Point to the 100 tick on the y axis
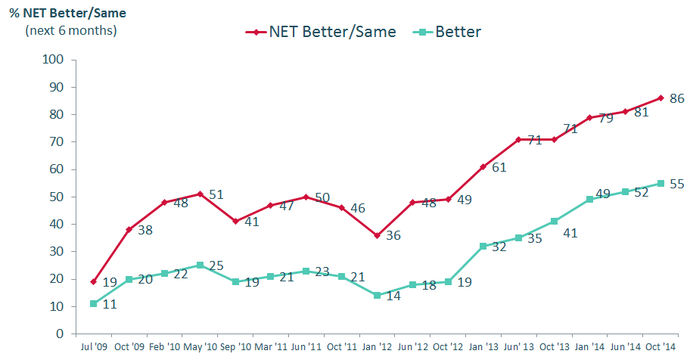click(54, 60)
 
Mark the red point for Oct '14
click(660, 98)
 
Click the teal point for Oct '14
click(660, 183)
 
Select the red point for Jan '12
click(377, 235)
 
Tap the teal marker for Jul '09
click(93, 303)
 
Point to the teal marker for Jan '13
click(483, 246)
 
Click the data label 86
click(677, 98)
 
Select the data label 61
click(499, 167)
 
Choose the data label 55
click(677, 184)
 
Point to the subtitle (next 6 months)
click(71, 30)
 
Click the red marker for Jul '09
click(93, 281)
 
